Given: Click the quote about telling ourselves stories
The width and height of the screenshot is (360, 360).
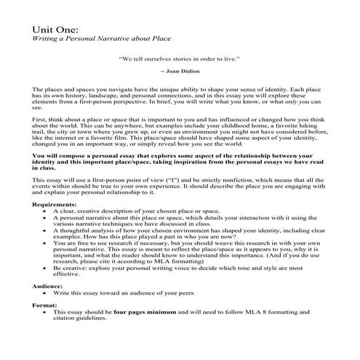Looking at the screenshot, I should coord(179,57).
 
